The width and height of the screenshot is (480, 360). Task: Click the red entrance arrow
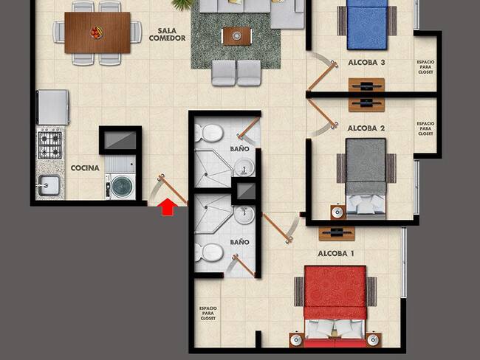168,207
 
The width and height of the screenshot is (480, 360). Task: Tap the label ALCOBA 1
336,254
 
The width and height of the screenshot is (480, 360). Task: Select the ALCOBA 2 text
366,128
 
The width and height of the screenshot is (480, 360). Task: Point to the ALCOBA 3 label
366,63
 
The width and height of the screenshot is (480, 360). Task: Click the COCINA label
85,168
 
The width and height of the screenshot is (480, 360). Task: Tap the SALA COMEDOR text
167,35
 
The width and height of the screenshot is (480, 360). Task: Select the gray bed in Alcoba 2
366,179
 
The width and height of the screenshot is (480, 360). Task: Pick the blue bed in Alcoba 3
367,25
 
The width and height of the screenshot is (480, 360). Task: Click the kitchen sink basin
49,185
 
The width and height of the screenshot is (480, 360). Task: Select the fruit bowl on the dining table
97,32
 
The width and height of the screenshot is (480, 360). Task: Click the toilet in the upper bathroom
210,134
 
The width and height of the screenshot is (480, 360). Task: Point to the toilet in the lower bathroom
210,252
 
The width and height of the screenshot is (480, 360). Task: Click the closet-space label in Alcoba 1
208,314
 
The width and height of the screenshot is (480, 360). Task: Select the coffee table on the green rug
236,36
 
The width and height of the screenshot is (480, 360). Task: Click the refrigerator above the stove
52,107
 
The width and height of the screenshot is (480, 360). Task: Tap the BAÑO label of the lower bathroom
240,242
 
